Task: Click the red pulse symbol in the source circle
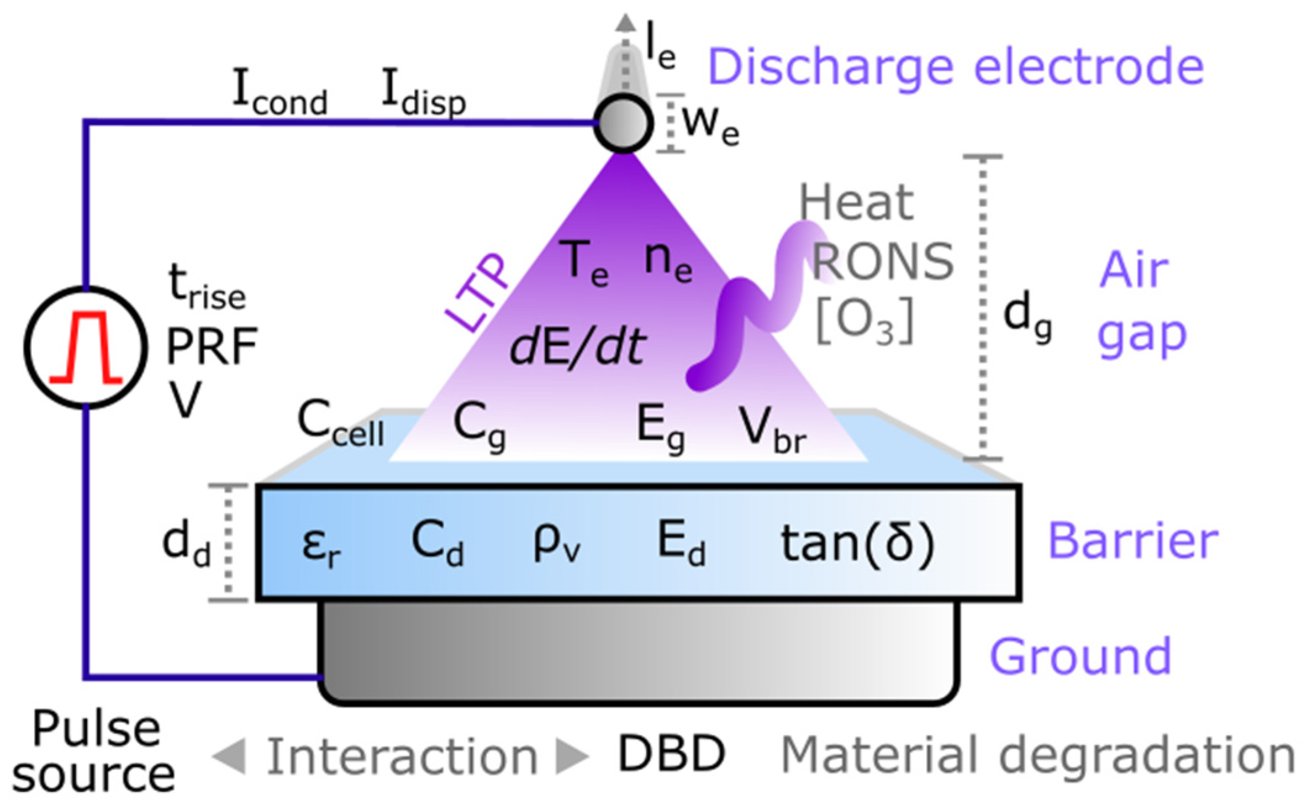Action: pos(86,347)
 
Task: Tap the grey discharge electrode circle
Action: pos(623,123)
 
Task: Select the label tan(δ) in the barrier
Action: pos(858,543)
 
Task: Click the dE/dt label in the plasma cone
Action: pos(578,347)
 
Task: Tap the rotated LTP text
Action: pos(477,292)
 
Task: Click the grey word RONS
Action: pos(882,262)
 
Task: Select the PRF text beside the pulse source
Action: pos(212,347)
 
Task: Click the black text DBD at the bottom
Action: pos(671,753)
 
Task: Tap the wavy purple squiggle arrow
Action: pos(762,305)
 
